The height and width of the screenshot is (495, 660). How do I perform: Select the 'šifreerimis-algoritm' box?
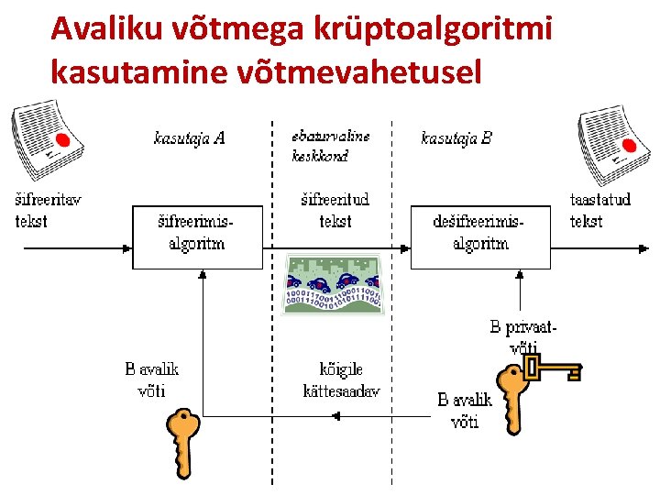[x=197, y=236]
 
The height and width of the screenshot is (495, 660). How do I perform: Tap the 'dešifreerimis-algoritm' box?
[x=480, y=236]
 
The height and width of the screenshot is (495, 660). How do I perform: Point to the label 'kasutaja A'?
[x=189, y=138]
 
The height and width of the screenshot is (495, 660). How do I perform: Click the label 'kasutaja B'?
[x=456, y=138]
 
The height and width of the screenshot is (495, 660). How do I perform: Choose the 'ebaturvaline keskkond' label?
[x=331, y=146]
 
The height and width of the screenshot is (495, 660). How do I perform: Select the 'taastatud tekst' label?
[x=599, y=210]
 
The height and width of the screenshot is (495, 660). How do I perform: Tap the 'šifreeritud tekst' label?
[x=335, y=210]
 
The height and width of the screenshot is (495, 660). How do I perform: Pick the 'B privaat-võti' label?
[x=523, y=335]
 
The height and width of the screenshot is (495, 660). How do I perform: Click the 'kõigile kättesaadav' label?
[x=341, y=380]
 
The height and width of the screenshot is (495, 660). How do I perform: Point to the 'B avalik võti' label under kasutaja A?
[x=151, y=379]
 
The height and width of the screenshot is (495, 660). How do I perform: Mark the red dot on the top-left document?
[x=62, y=140]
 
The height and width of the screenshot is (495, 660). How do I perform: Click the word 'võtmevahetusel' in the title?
[x=358, y=71]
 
